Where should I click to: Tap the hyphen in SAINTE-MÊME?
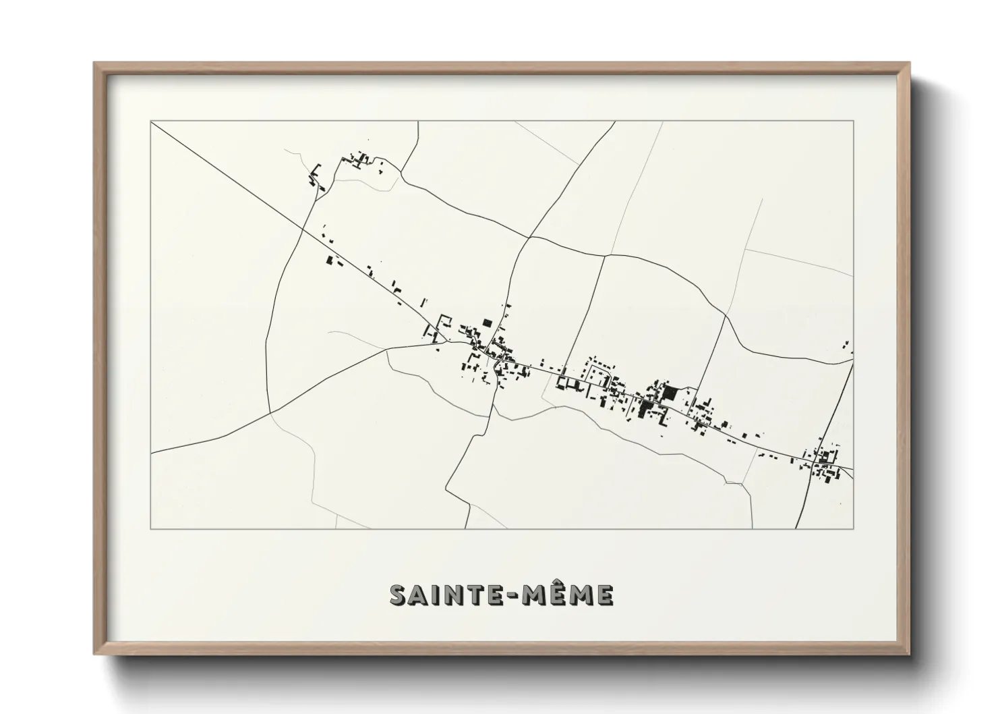tap(518, 595)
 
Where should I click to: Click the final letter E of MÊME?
tap(604, 595)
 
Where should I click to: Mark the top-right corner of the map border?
tap(854, 121)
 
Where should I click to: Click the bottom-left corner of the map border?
tap(151, 528)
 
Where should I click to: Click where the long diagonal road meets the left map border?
tap(152, 122)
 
